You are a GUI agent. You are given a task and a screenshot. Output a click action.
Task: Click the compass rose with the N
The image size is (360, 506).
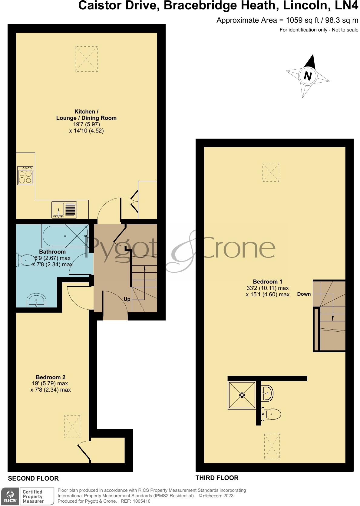click(308, 75)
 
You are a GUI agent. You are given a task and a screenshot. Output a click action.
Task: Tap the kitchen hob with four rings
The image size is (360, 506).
click(25, 176)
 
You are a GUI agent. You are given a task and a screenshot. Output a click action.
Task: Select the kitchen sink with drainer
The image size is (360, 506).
click(64, 209)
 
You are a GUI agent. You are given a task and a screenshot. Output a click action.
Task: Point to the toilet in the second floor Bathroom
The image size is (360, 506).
click(26, 259)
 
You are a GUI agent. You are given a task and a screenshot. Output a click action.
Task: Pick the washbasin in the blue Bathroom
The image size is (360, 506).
click(37, 301)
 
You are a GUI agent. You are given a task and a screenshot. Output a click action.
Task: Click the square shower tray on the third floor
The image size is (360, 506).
click(242, 395)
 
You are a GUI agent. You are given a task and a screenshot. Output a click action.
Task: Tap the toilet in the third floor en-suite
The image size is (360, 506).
click(272, 413)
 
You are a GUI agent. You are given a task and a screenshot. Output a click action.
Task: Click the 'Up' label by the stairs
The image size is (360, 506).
click(127, 299)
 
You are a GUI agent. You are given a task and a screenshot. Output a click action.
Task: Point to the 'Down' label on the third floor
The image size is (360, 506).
click(304, 294)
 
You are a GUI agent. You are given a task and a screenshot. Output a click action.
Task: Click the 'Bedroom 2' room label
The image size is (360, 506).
click(51, 377)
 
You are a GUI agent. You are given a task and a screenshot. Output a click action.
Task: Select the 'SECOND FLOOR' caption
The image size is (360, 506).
click(33, 478)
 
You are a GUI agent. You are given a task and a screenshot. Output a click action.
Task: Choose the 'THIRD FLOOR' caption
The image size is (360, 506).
click(217, 478)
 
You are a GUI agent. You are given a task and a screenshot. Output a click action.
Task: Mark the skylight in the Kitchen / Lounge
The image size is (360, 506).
click(86, 59)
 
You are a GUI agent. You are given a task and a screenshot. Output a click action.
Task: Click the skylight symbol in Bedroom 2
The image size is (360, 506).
click(72, 426)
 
